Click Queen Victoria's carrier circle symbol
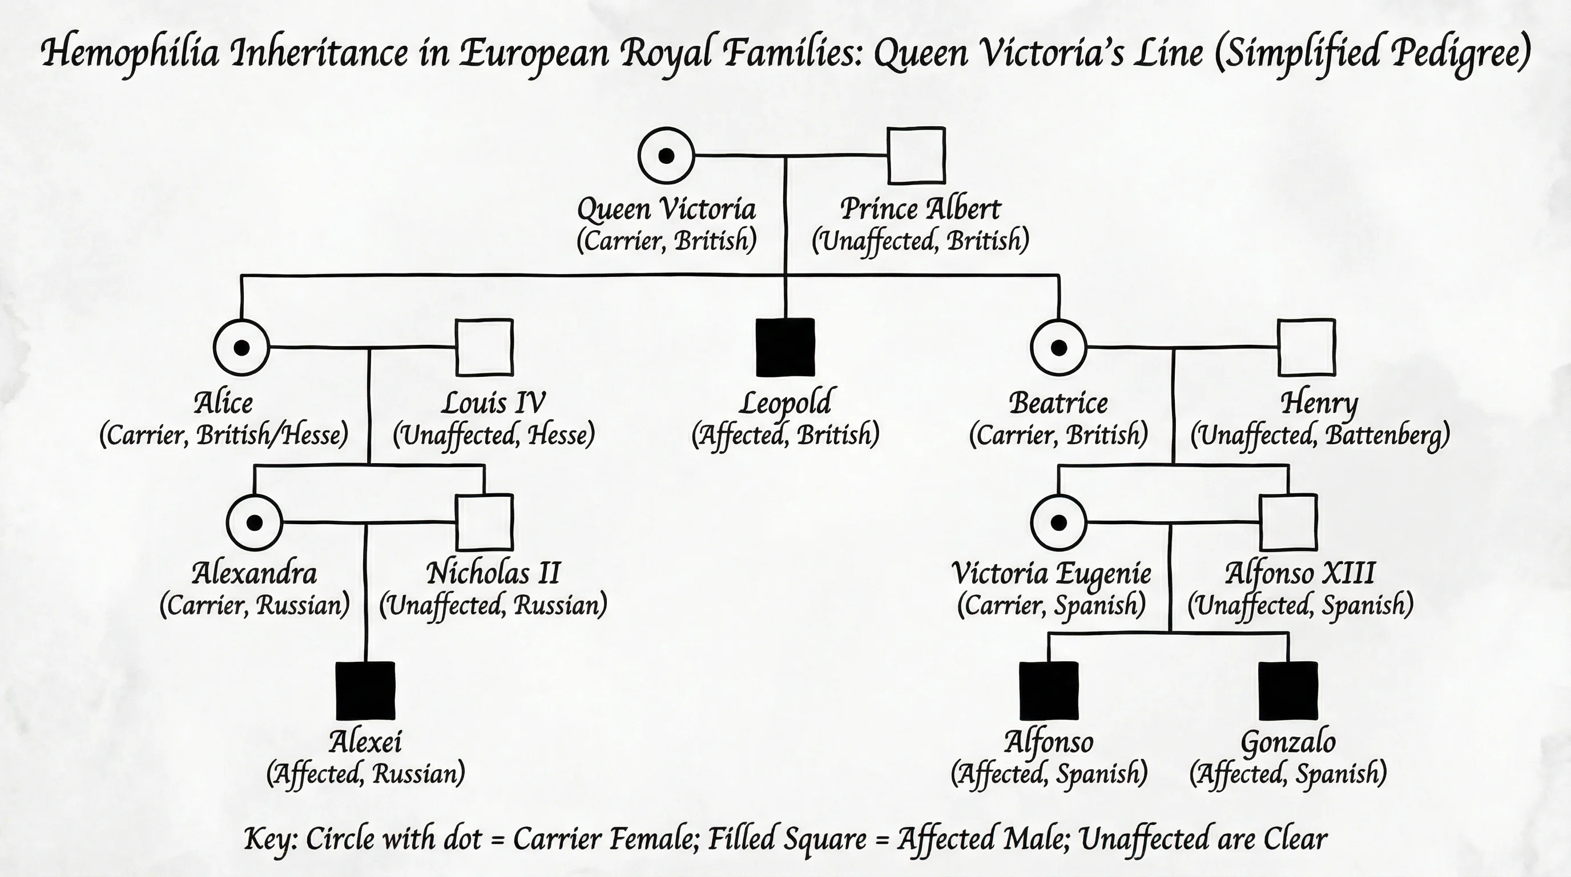click(x=666, y=155)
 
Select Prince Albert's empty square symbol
click(x=916, y=155)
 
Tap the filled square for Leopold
click(x=785, y=347)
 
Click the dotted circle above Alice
click(x=241, y=347)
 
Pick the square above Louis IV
click(x=485, y=347)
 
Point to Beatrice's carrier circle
click(x=1059, y=347)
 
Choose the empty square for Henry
click(x=1306, y=347)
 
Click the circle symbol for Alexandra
click(x=254, y=522)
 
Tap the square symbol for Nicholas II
click(x=485, y=522)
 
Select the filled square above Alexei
click(x=365, y=690)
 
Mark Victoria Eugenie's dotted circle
click(x=1059, y=522)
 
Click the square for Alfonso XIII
click(x=1288, y=522)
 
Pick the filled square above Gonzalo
click(x=1288, y=690)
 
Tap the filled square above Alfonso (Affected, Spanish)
click(x=1048, y=690)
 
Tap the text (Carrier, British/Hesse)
click(x=224, y=436)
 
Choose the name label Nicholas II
click(x=493, y=573)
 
